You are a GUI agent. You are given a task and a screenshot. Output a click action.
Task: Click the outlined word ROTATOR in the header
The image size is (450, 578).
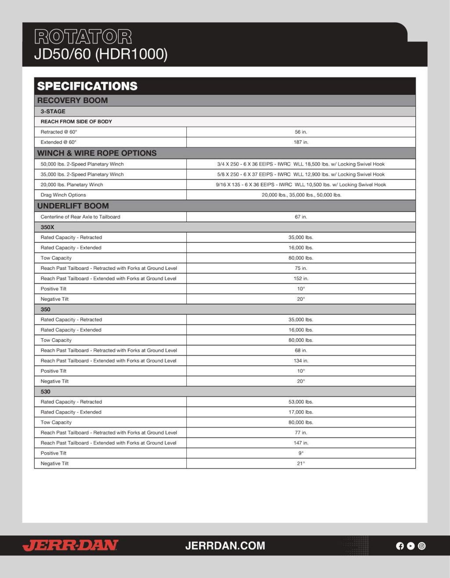click(x=83, y=37)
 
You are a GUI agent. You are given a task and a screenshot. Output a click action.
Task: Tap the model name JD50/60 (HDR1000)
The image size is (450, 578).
click(x=101, y=54)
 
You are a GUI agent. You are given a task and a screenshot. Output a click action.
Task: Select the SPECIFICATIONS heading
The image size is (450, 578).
click(x=87, y=86)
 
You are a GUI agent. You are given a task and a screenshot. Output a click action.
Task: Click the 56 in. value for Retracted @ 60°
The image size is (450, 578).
click(x=301, y=132)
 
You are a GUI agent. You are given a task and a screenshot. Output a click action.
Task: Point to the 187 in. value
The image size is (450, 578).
click(x=301, y=142)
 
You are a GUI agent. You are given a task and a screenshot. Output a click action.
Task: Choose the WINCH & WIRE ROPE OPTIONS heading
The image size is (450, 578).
click(x=97, y=153)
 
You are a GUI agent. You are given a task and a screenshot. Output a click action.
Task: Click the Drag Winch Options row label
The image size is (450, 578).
click(x=63, y=195)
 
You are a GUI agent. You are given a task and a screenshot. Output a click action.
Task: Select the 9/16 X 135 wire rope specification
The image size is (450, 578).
click(x=301, y=184)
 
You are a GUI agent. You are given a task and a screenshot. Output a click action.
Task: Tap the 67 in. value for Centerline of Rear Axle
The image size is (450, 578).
click(x=301, y=217)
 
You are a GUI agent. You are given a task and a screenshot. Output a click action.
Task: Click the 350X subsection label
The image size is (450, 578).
click(x=47, y=227)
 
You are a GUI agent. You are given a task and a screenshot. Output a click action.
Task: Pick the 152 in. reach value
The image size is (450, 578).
click(x=301, y=278)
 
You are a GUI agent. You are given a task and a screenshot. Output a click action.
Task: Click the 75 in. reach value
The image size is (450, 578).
click(x=301, y=268)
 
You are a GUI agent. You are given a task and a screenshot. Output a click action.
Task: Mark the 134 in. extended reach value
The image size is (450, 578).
click(x=301, y=361)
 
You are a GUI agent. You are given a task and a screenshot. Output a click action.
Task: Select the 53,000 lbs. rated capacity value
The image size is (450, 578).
click(x=301, y=402)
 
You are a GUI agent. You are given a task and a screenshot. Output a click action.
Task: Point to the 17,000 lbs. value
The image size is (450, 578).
click(x=301, y=412)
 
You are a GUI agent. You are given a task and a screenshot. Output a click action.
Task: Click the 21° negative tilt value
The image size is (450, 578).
click(x=301, y=463)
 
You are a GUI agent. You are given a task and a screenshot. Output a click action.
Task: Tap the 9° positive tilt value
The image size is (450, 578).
click(x=301, y=453)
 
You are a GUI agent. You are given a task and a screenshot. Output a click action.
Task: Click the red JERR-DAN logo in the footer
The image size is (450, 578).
click(x=70, y=545)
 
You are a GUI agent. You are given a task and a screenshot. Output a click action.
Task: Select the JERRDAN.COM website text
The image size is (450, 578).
click(x=225, y=545)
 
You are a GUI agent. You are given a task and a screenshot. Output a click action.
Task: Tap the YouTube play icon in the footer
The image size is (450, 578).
click(x=410, y=546)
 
